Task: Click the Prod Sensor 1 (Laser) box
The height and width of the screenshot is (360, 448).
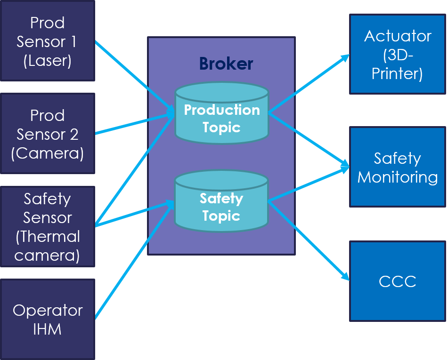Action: tap(47, 41)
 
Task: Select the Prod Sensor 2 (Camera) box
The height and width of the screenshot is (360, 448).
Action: tap(47, 134)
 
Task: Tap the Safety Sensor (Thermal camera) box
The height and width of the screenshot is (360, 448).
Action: tap(47, 227)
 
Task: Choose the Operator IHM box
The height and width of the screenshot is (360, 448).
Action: tap(47, 320)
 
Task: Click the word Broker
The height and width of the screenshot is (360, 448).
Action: tap(226, 64)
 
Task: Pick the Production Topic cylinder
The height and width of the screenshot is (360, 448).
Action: tap(221, 113)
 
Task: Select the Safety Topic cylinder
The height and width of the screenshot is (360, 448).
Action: tap(221, 201)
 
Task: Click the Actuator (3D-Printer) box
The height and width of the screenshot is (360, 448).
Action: tap(397, 55)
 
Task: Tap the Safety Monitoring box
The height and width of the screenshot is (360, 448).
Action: tap(397, 167)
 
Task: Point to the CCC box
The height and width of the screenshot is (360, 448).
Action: tap(397, 281)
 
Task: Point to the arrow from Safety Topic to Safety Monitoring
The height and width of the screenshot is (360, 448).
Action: tap(309, 184)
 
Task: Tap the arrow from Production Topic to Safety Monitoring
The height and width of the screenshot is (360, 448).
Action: tap(309, 139)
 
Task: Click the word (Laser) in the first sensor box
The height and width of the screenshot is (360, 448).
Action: tap(47, 61)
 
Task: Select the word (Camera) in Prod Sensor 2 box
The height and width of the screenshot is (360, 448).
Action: tap(47, 153)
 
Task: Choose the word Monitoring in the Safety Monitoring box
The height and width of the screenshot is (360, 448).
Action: tap(397, 177)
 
